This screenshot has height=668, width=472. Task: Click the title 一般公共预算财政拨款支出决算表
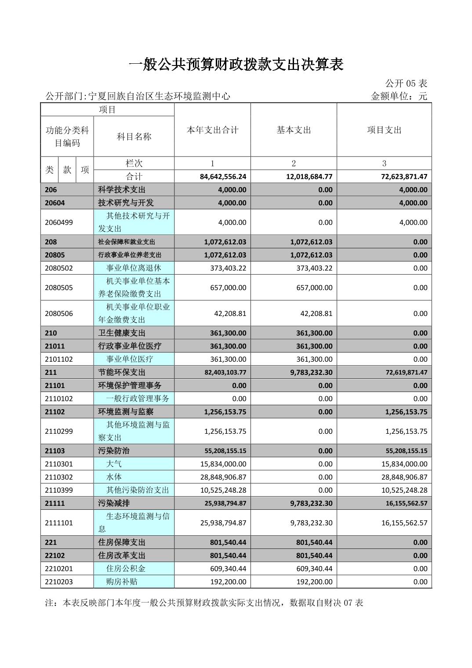(236, 65)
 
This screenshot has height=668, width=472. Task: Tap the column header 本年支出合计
(212, 130)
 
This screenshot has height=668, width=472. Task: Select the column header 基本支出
(294, 130)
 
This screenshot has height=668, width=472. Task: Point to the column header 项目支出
(384, 130)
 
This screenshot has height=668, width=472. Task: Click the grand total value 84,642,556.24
(223, 177)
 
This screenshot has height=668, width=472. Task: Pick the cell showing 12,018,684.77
(309, 177)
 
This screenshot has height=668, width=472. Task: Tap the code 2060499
(59, 222)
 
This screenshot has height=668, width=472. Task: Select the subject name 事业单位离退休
(134, 268)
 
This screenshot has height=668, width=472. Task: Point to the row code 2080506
(59, 314)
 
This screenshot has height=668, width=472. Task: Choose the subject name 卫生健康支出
(122, 333)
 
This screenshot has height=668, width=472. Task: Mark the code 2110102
(59, 399)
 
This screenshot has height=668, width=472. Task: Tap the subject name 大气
(114, 464)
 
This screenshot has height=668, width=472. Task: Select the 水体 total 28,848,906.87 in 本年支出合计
(223, 477)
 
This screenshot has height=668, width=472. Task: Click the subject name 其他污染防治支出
(138, 490)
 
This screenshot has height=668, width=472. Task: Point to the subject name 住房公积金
(126, 569)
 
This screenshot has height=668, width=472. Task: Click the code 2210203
(59, 582)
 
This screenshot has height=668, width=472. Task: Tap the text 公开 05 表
(406, 83)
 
